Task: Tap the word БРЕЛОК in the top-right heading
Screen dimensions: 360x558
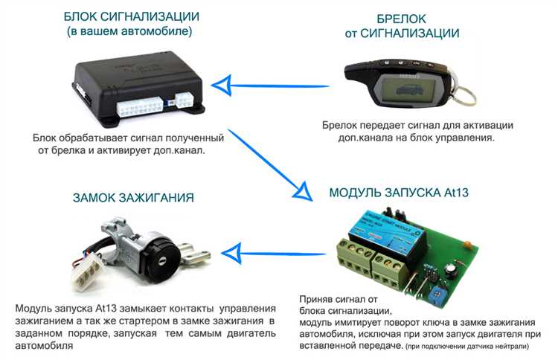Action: pos(401,17)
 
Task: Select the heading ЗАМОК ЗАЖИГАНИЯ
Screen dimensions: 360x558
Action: pos(133,198)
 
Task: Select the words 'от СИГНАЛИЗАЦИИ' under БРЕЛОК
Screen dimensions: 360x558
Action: pos(401,33)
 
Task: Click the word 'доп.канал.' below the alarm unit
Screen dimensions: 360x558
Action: pos(177,150)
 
